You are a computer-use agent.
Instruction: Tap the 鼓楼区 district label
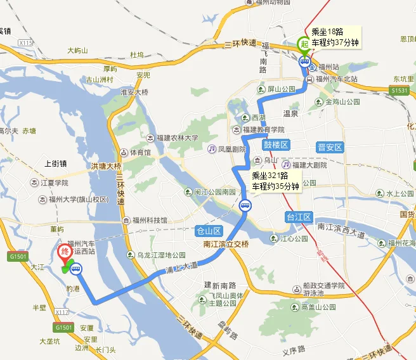[x=276, y=145]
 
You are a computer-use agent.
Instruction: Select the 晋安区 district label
[x=330, y=147]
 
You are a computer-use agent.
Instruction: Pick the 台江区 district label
[x=299, y=217]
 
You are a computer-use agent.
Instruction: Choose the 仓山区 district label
[x=210, y=231]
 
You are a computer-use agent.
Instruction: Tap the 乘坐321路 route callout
[x=275, y=180]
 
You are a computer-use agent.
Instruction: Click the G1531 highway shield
[x=400, y=91]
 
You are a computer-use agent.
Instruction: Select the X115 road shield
[x=25, y=42]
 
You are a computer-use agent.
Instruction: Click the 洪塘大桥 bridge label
[x=105, y=166]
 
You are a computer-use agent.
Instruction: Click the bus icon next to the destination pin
[x=76, y=269]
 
